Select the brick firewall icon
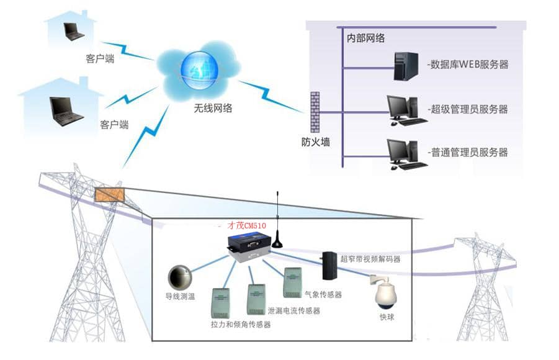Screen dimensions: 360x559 pyautogui.click(x=315, y=112)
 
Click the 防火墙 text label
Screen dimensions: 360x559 pyautogui.click(x=315, y=142)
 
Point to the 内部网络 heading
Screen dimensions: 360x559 pyautogui.click(x=366, y=38)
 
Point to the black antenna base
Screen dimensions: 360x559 pyautogui.click(x=277, y=240)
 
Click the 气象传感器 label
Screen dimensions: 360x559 pyautogui.click(x=323, y=295)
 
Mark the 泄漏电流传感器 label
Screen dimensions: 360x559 pyautogui.click(x=293, y=310)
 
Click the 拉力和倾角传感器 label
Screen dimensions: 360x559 pyautogui.click(x=241, y=324)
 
